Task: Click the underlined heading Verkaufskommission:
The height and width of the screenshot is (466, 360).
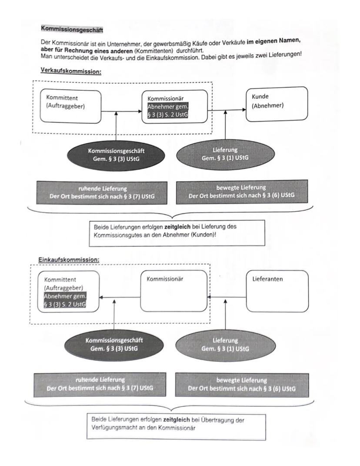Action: coord(70,71)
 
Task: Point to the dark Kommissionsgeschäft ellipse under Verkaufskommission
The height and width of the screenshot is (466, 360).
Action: coord(117,154)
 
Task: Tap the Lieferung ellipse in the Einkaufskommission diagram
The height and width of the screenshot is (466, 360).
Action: coord(225,344)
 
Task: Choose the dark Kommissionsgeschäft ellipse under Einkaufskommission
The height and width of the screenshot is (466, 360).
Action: coord(114,344)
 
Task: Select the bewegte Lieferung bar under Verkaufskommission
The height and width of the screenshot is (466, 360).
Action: coord(241,192)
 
